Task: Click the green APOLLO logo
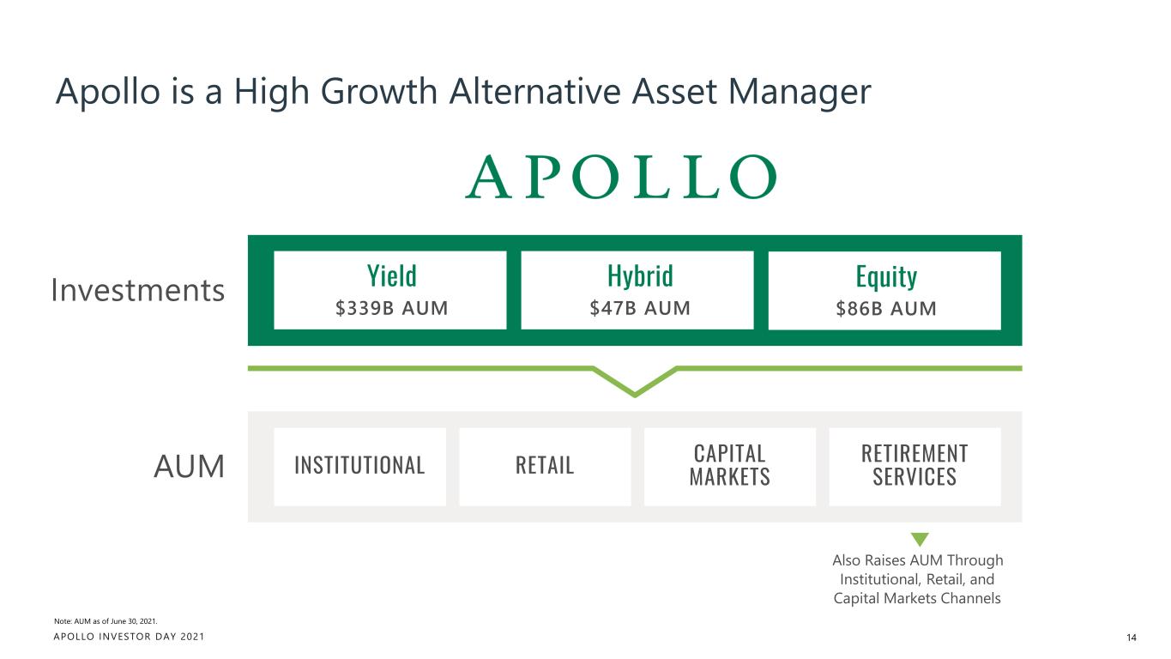(x=620, y=178)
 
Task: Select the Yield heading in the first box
(x=391, y=276)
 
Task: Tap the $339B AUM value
(x=391, y=308)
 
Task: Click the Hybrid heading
(x=639, y=276)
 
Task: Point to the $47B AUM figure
(x=639, y=308)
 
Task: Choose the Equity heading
(x=886, y=276)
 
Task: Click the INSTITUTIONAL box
(x=359, y=466)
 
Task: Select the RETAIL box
(x=545, y=466)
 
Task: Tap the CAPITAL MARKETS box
(x=729, y=466)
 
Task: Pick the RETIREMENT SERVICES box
(x=914, y=466)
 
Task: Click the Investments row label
(x=137, y=292)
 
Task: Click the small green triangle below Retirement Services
(x=920, y=540)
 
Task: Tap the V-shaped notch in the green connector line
(x=635, y=389)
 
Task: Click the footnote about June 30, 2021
(x=106, y=620)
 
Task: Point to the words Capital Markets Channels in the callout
(x=917, y=597)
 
